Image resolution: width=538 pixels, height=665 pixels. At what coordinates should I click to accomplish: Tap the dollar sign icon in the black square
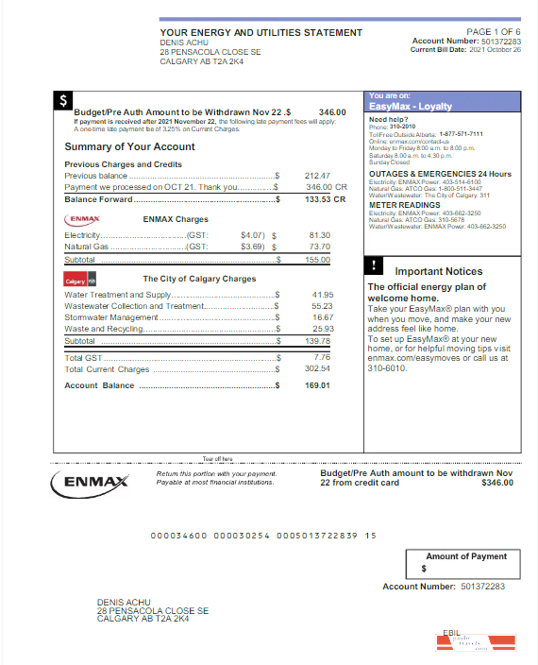click(x=62, y=98)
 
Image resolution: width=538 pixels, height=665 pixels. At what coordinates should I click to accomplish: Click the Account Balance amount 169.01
click(x=318, y=385)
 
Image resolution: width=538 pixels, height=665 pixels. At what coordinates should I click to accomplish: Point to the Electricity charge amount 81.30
click(x=319, y=234)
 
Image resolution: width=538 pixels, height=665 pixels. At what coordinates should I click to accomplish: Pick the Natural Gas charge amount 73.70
click(x=319, y=247)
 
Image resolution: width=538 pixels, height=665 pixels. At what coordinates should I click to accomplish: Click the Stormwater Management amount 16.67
click(x=322, y=317)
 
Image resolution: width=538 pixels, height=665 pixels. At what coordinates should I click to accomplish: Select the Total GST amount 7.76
click(x=322, y=357)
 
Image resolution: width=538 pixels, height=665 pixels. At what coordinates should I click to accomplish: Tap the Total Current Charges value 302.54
click(x=318, y=369)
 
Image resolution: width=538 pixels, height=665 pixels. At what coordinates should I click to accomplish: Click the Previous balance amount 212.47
click(x=318, y=176)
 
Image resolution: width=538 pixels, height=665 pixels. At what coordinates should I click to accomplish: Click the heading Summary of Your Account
click(x=129, y=146)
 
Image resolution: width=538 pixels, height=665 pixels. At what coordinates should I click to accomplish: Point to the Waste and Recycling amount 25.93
click(x=322, y=329)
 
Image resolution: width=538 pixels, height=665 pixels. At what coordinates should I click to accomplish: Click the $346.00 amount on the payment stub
click(x=497, y=483)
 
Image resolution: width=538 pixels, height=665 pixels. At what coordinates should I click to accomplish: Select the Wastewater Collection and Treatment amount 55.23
click(x=322, y=306)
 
